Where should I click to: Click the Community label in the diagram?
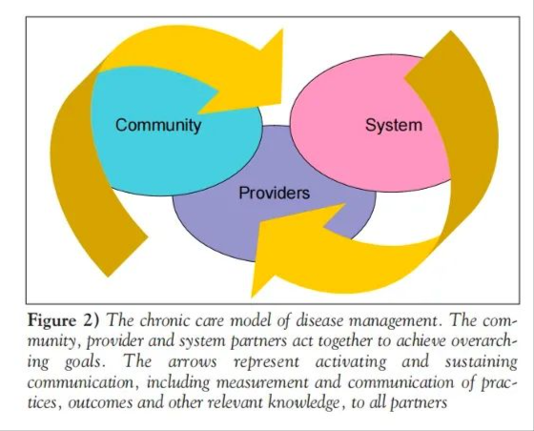click(158, 125)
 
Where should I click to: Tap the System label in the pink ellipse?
click(394, 125)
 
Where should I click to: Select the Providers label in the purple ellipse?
click(275, 193)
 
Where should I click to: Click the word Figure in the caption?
click(52, 320)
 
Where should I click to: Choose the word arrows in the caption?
click(193, 362)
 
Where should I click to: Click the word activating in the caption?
click(351, 362)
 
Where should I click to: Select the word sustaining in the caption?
click(481, 362)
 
